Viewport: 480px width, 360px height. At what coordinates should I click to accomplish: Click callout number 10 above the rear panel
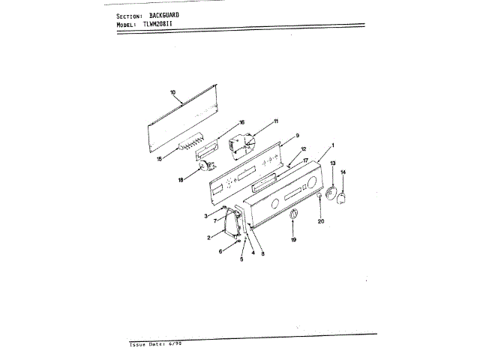coord(172,93)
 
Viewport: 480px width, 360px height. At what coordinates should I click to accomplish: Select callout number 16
coord(242,121)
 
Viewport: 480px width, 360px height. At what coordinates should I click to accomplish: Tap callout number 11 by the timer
coord(275,121)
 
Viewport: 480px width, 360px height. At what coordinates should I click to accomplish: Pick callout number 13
coord(333,163)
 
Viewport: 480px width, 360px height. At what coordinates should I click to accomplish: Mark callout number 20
coord(320,221)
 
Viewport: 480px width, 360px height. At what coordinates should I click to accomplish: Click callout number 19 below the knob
coord(293,240)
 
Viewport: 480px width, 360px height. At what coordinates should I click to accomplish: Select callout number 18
coord(181,181)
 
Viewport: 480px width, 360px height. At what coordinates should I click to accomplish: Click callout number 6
coord(220,252)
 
